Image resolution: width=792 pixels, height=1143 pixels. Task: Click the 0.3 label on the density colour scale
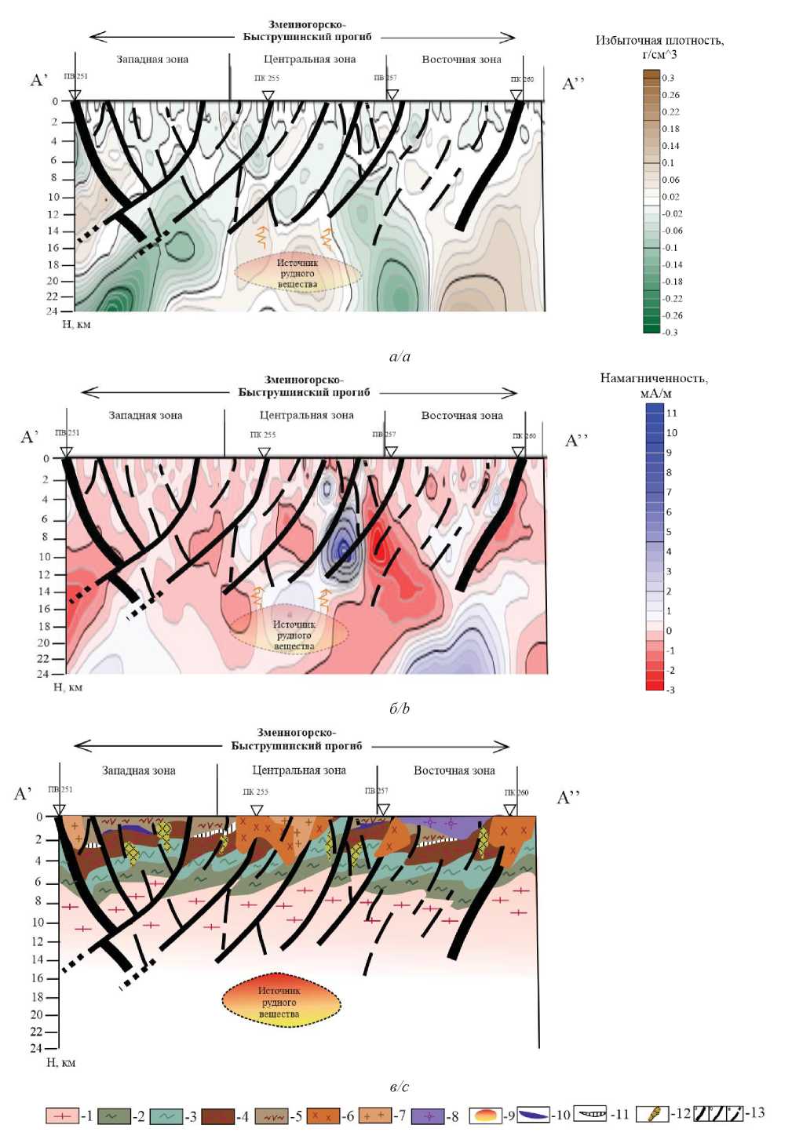click(x=668, y=78)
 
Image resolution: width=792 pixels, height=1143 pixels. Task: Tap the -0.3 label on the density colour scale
click(x=670, y=332)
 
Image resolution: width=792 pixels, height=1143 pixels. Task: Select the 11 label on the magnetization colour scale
click(x=671, y=413)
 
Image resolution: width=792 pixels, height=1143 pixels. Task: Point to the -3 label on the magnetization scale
click(x=670, y=690)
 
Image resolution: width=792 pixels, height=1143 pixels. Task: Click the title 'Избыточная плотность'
click(x=659, y=41)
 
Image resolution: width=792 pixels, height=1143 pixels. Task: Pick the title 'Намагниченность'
click(x=654, y=379)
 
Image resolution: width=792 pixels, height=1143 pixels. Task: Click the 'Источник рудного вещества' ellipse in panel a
click(x=297, y=273)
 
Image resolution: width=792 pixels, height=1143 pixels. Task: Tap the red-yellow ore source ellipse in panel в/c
click(x=280, y=1002)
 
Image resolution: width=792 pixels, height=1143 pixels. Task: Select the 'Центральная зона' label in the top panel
click(x=309, y=60)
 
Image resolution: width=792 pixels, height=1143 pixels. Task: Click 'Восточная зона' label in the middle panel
click(x=462, y=416)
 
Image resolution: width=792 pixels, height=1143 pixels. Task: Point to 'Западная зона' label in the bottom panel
click(x=139, y=770)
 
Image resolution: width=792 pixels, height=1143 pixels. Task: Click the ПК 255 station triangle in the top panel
click(x=268, y=96)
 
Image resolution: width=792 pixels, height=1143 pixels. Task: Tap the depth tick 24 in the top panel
click(x=53, y=311)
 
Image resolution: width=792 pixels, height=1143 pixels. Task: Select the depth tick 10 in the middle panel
click(x=45, y=557)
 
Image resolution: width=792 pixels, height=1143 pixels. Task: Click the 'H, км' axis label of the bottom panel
click(x=61, y=1062)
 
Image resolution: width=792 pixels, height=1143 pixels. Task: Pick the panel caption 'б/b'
click(x=400, y=708)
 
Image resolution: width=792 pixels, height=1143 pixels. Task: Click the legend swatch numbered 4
click(x=217, y=1116)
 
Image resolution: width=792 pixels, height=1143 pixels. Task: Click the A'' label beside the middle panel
click(x=577, y=440)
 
